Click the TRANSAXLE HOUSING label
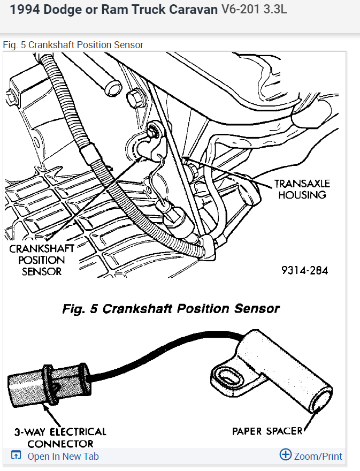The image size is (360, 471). point(302,189)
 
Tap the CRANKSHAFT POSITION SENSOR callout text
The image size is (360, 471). point(41,260)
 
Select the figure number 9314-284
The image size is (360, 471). point(304,270)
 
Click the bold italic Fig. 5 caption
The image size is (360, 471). point(171,309)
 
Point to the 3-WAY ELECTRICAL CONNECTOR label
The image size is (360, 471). point(60,437)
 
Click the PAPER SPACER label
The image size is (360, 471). point(267,431)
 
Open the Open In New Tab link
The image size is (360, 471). point(63,457)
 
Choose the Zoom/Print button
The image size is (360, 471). point(318,456)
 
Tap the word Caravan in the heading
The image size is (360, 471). point(192,10)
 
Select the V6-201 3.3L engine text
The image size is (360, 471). point(254,10)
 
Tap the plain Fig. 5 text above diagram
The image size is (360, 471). point(73,45)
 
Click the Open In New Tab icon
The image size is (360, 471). point(16,456)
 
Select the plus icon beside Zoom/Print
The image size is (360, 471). point(286,455)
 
